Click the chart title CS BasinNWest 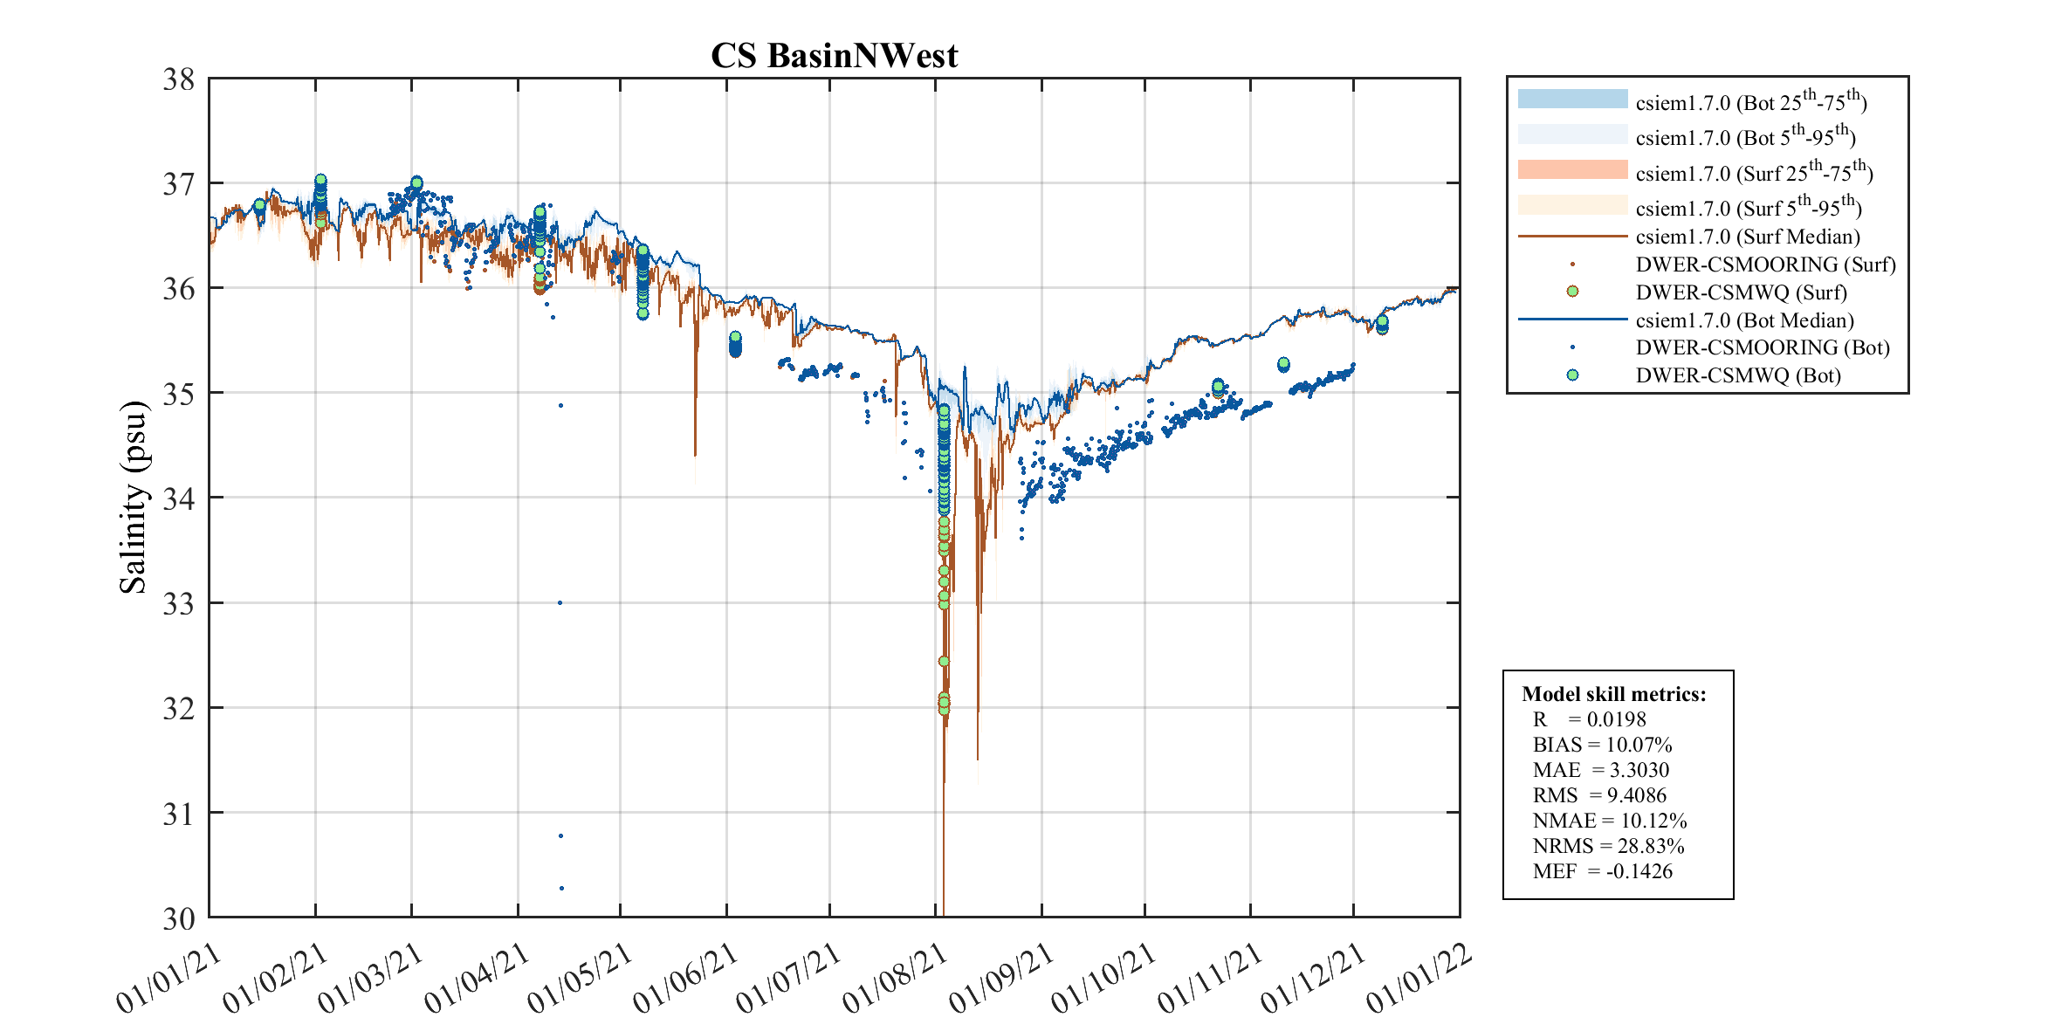pos(834,56)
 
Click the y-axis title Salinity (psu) pos(133,497)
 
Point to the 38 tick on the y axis pos(178,79)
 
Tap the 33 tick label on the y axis pos(178,603)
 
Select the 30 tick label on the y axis pos(178,918)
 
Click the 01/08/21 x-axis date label pos(896,979)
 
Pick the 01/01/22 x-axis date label pos(1419,979)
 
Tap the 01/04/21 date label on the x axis pos(478,979)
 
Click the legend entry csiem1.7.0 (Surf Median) pos(1747,237)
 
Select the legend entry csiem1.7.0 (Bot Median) pos(1744,320)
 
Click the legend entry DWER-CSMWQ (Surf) pos(1741,292)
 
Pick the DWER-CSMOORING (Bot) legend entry pos(1762,347)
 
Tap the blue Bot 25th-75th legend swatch pos(1572,100)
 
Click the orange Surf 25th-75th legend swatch pos(1572,169)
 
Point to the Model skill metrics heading pos(1613,694)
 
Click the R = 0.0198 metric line pos(1589,719)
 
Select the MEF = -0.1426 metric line pos(1602,871)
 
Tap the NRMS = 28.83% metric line pos(1608,846)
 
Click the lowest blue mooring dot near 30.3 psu pos(561,889)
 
